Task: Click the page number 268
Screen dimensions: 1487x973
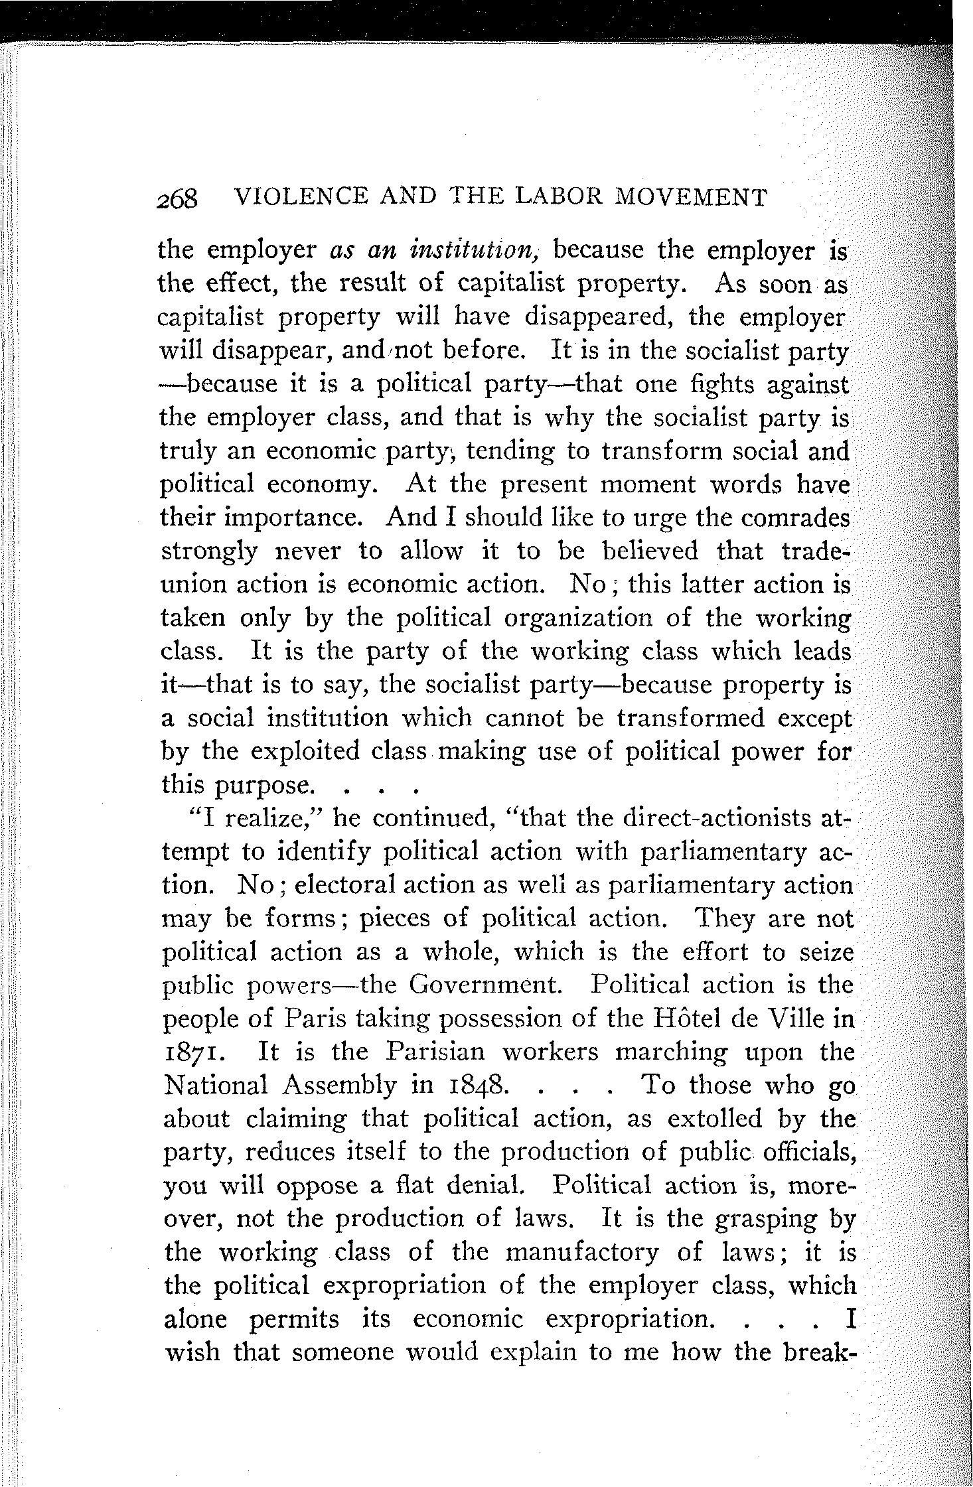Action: coord(179,198)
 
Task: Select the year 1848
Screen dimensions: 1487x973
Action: coord(471,1086)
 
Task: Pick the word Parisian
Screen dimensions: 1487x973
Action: coord(437,1052)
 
